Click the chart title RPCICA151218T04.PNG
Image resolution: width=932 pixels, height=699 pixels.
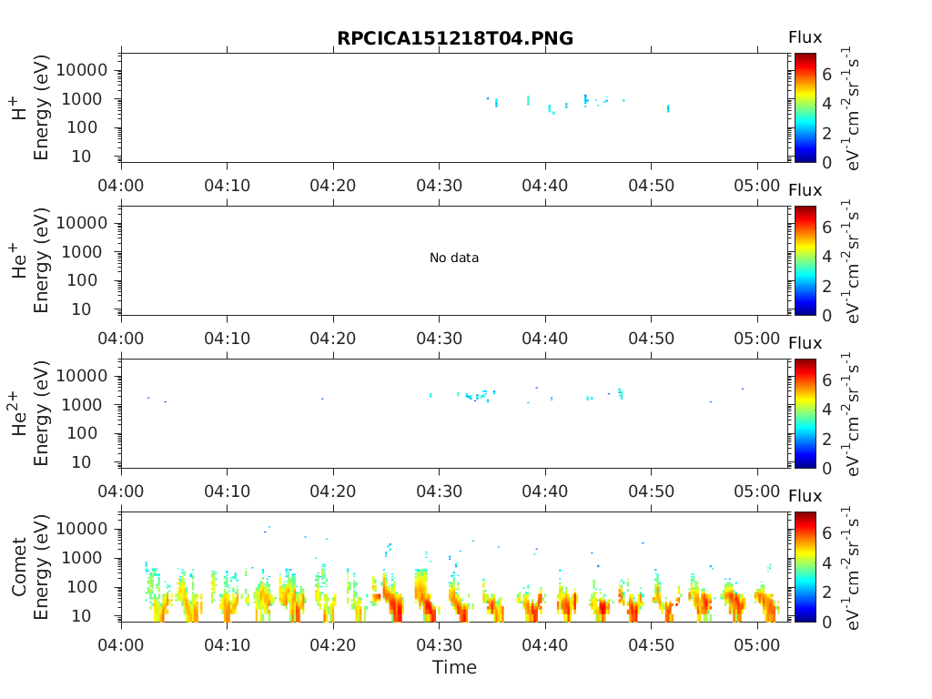click(455, 38)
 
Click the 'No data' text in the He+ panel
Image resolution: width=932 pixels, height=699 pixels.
click(454, 258)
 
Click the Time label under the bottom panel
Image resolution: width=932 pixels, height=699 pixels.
click(454, 667)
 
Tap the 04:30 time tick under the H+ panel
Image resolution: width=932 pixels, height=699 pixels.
click(440, 186)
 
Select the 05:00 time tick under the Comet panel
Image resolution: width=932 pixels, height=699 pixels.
click(756, 645)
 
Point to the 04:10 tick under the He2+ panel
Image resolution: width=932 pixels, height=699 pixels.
click(227, 491)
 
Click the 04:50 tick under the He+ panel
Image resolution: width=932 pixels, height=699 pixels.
click(651, 339)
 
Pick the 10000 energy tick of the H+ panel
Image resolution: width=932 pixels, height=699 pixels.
click(82, 70)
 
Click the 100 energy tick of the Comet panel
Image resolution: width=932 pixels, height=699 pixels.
click(82, 587)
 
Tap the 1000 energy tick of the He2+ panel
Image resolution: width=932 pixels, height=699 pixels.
click(82, 405)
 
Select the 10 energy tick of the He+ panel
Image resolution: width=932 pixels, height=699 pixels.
click(81, 309)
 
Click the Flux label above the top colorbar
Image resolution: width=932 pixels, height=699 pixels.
click(805, 37)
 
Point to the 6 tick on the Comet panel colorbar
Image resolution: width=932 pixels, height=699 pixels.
click(826, 533)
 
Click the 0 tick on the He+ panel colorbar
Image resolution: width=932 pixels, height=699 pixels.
click(826, 316)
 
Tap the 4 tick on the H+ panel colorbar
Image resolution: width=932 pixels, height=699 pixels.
click(826, 104)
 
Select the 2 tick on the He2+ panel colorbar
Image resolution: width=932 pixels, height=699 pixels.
click(826, 439)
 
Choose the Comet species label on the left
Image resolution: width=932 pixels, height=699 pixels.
click(19, 566)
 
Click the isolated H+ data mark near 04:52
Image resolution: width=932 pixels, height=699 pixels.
click(668, 108)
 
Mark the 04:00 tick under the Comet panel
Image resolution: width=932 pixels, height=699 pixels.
click(121, 645)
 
